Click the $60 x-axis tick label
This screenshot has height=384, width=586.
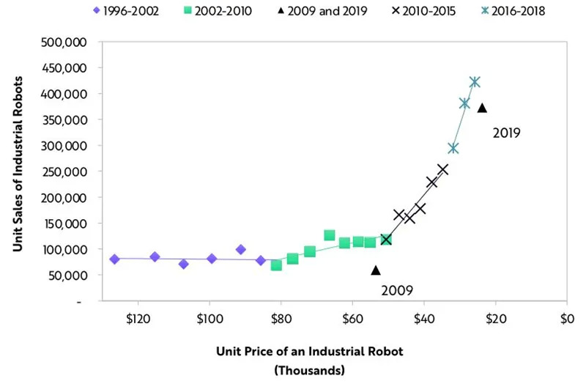352,319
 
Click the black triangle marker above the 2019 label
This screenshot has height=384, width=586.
482,108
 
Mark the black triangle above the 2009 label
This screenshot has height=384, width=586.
376,270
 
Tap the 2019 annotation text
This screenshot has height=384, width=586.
505,133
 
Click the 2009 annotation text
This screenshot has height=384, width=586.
398,290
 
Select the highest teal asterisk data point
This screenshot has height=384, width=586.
475,82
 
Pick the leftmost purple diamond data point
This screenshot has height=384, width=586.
114,259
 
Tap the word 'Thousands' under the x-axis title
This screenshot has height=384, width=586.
310,370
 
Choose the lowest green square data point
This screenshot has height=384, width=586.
276,265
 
